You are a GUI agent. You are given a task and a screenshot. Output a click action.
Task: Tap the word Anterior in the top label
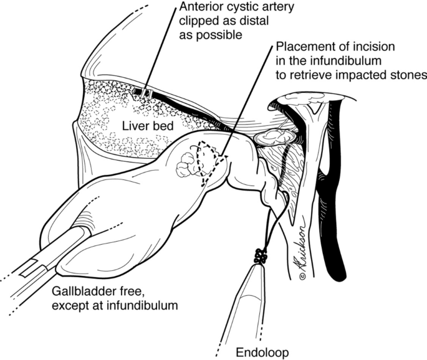(200, 7)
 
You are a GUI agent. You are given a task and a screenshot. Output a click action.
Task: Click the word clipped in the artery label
(197, 21)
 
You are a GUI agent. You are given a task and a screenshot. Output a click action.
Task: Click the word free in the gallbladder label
(132, 292)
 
